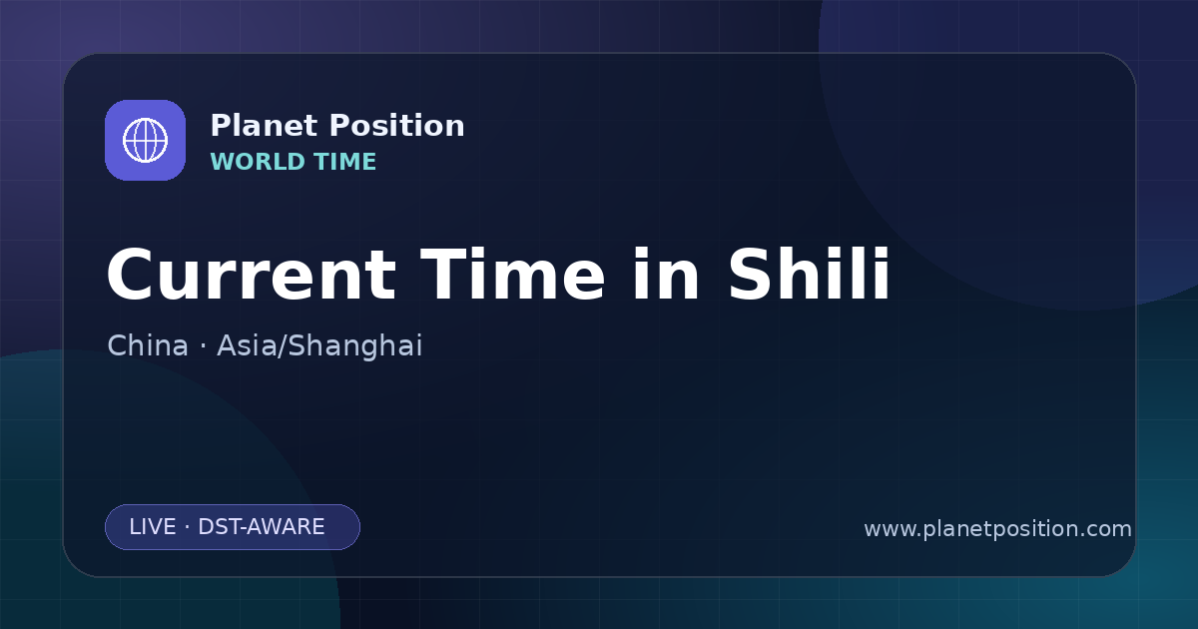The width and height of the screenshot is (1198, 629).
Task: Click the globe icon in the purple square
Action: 145,140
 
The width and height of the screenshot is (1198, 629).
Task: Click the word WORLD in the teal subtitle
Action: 259,162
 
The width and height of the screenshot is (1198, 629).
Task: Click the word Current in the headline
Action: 252,275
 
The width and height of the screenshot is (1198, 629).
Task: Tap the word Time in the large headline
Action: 512,274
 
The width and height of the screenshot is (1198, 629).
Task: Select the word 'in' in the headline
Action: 666,274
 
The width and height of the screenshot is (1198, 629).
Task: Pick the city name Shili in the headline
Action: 809,274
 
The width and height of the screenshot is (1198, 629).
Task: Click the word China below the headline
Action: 148,345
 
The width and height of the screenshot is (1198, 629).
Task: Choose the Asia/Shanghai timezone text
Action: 319,346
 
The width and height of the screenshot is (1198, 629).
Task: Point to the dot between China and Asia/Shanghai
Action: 203,346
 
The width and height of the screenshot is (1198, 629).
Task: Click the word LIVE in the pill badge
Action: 153,527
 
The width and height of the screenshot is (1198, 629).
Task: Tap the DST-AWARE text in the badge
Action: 261,527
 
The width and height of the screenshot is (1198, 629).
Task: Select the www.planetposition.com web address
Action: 997,529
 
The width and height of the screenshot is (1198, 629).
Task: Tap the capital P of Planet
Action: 220,126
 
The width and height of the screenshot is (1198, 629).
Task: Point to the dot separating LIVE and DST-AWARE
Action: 187,527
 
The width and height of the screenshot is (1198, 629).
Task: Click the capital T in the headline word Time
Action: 444,274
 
